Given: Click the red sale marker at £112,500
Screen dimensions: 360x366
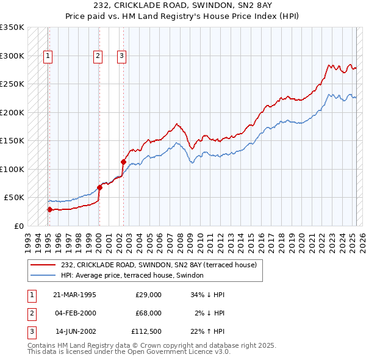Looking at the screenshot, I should click(x=123, y=162).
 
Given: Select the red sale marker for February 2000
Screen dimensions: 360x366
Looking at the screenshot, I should click(x=99, y=187).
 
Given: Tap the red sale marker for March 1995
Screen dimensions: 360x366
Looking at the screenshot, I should click(x=49, y=209).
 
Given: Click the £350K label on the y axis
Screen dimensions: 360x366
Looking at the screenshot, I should click(x=12, y=27).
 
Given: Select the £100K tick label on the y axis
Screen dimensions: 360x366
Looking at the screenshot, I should click(x=12, y=169).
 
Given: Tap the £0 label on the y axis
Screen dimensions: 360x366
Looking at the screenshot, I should click(x=18, y=226).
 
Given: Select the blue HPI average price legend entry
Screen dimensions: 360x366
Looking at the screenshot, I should click(x=135, y=276).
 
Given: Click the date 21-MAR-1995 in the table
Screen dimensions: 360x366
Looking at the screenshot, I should click(x=75, y=295).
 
